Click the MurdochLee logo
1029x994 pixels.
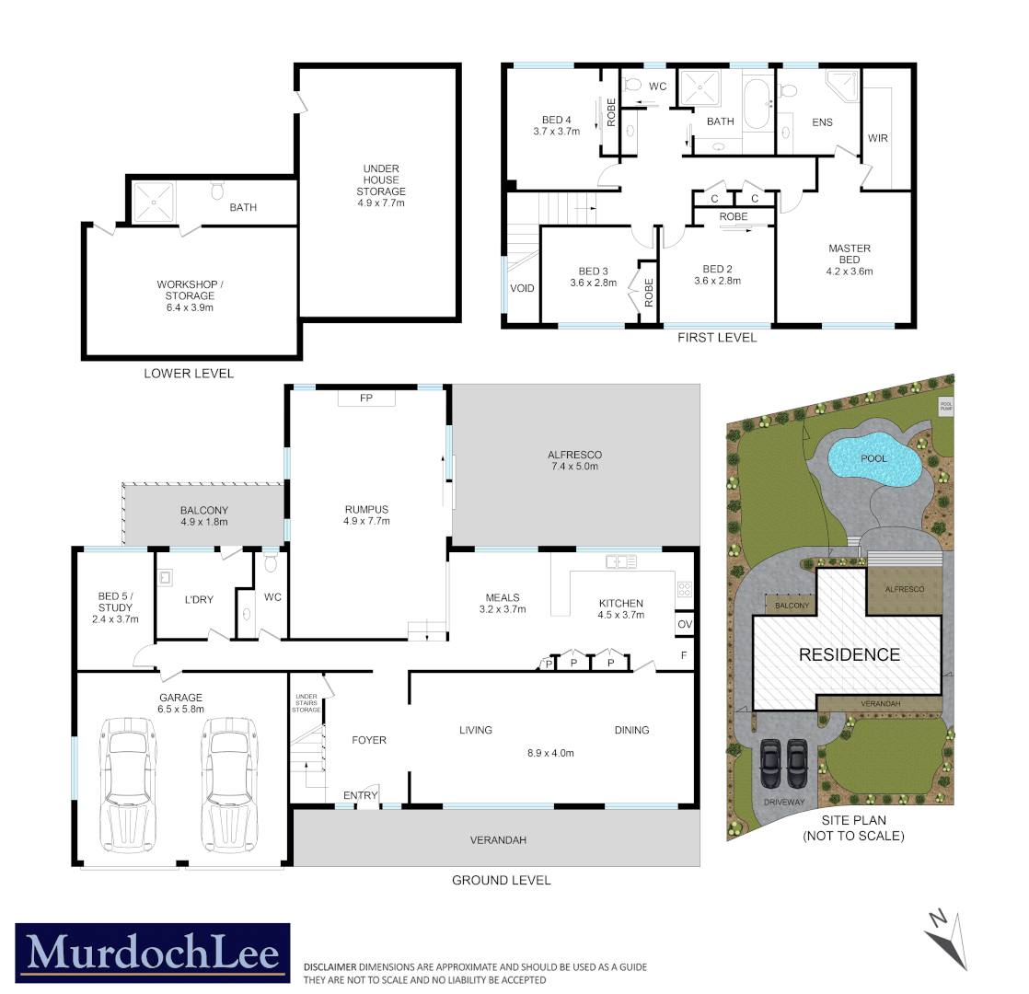tap(154, 949)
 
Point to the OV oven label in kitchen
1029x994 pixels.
tap(684, 625)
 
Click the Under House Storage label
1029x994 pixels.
tap(381, 186)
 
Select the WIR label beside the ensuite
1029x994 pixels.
tap(877, 138)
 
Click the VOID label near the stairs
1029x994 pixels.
tap(522, 289)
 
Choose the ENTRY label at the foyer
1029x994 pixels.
tap(360, 795)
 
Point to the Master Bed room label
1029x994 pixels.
tap(849, 260)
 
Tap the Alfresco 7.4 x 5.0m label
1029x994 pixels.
tap(573, 460)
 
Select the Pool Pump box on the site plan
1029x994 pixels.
tap(945, 406)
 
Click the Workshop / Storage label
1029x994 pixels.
tap(191, 295)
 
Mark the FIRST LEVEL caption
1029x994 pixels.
tap(716, 338)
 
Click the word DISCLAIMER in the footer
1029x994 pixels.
tap(330, 967)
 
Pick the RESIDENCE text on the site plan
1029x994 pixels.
tap(849, 655)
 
